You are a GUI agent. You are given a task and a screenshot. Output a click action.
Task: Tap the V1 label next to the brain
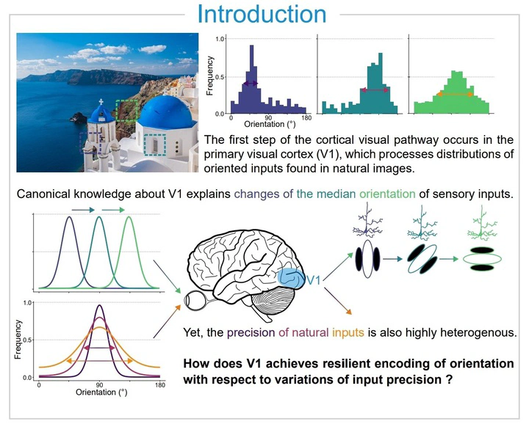point(314,280)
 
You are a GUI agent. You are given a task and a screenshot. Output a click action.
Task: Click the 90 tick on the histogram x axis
point(268,118)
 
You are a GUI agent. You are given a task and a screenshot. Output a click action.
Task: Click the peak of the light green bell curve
point(129,217)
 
